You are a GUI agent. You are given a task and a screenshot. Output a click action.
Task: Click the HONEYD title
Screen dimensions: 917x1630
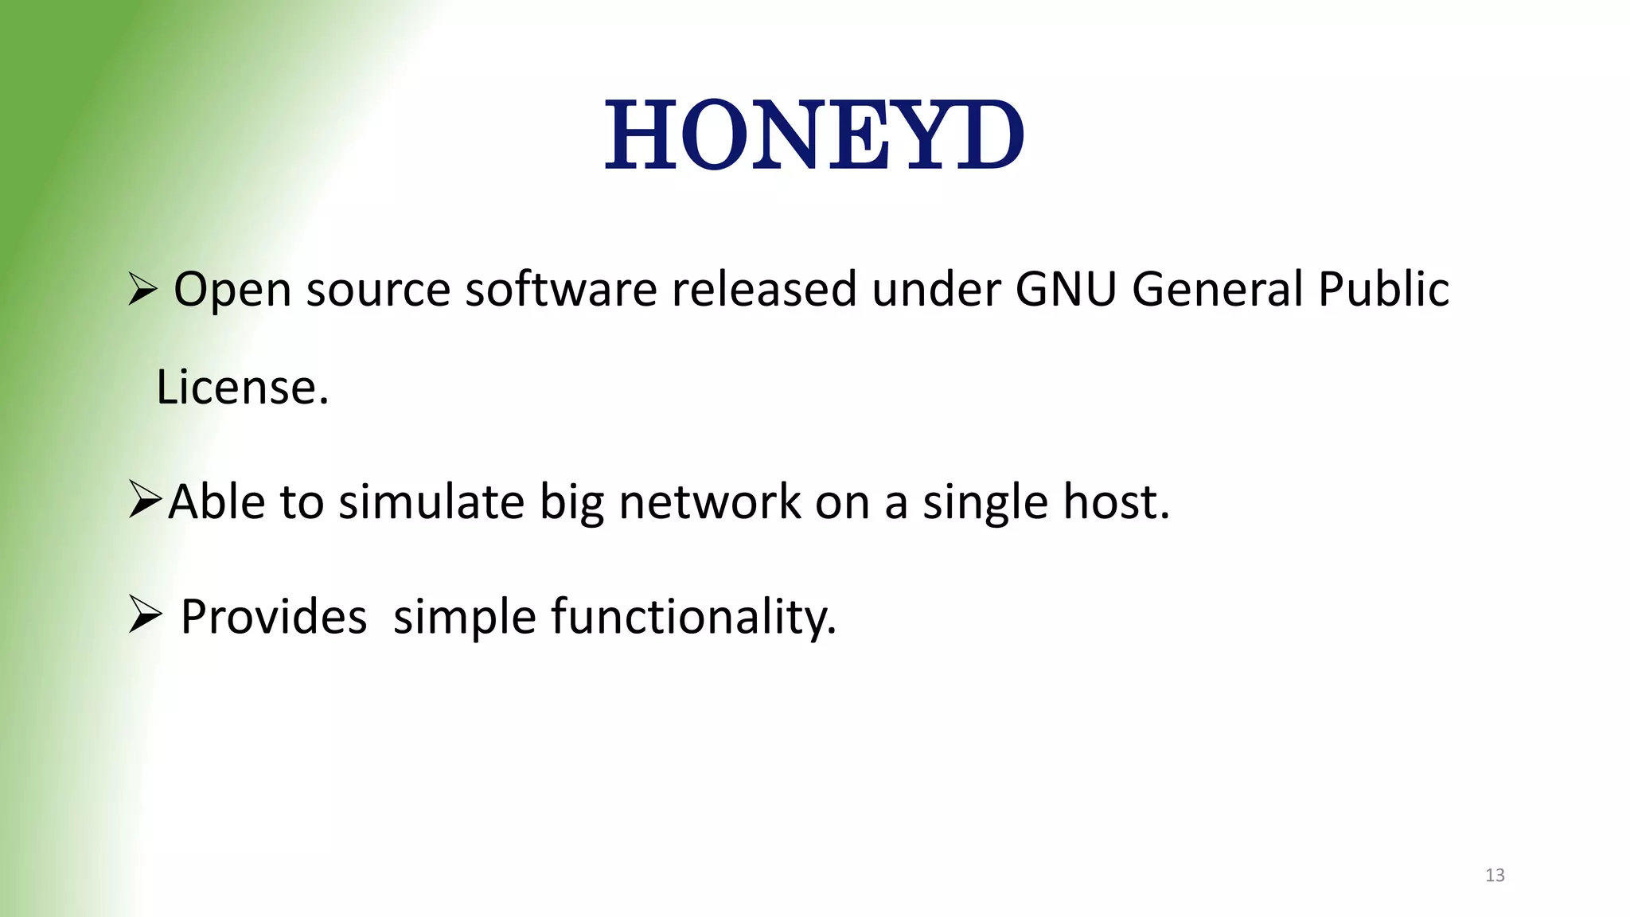pos(813,135)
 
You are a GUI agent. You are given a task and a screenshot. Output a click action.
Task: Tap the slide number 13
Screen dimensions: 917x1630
pos(1495,875)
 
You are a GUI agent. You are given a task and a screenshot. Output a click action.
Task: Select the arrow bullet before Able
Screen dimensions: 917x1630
pos(146,501)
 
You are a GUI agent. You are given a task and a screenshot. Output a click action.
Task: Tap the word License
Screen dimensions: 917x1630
pos(242,388)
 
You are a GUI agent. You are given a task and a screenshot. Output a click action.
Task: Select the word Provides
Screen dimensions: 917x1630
pos(274,617)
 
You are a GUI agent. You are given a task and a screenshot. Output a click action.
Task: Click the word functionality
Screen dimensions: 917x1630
pos(693,617)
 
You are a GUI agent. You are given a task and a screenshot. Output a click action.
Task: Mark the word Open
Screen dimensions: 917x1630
pos(232,290)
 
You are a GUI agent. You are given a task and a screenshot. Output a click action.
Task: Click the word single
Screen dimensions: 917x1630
pos(985,504)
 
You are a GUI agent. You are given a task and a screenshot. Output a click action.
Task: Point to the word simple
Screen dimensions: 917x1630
pos(465,618)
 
